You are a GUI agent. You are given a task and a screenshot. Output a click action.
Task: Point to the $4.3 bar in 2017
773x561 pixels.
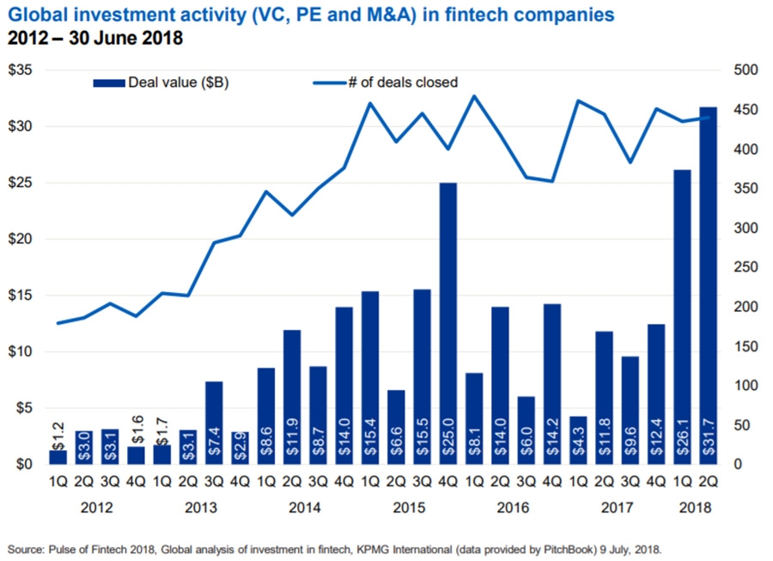[x=578, y=440]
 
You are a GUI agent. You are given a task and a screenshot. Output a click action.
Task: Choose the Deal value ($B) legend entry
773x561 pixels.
[x=162, y=82]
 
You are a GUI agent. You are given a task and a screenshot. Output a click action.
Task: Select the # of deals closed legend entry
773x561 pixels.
[x=386, y=82]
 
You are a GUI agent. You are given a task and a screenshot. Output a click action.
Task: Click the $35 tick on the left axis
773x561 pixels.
[x=22, y=70]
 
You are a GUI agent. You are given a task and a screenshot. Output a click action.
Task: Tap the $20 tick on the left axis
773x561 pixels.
[x=22, y=239]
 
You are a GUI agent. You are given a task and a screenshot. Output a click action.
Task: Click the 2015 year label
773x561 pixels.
[x=408, y=507]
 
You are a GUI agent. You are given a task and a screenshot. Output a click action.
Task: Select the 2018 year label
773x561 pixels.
[x=696, y=507]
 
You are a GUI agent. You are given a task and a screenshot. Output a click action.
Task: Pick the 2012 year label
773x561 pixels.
[x=96, y=507]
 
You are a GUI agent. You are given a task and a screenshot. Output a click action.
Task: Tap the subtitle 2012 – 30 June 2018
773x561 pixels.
[x=95, y=39]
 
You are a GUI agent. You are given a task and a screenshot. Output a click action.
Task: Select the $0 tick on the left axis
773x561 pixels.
[x=26, y=465]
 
